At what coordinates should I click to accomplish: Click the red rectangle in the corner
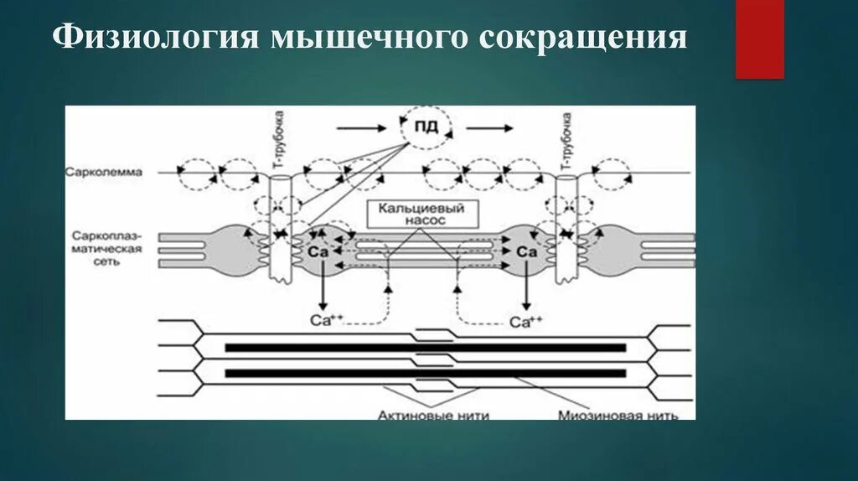(x=759, y=40)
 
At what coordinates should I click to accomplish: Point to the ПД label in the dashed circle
(x=425, y=129)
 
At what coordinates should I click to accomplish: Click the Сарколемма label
(x=105, y=173)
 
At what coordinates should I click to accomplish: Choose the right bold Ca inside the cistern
(x=526, y=251)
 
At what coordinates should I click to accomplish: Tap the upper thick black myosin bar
(x=426, y=347)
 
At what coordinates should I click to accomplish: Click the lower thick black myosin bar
(x=426, y=373)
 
